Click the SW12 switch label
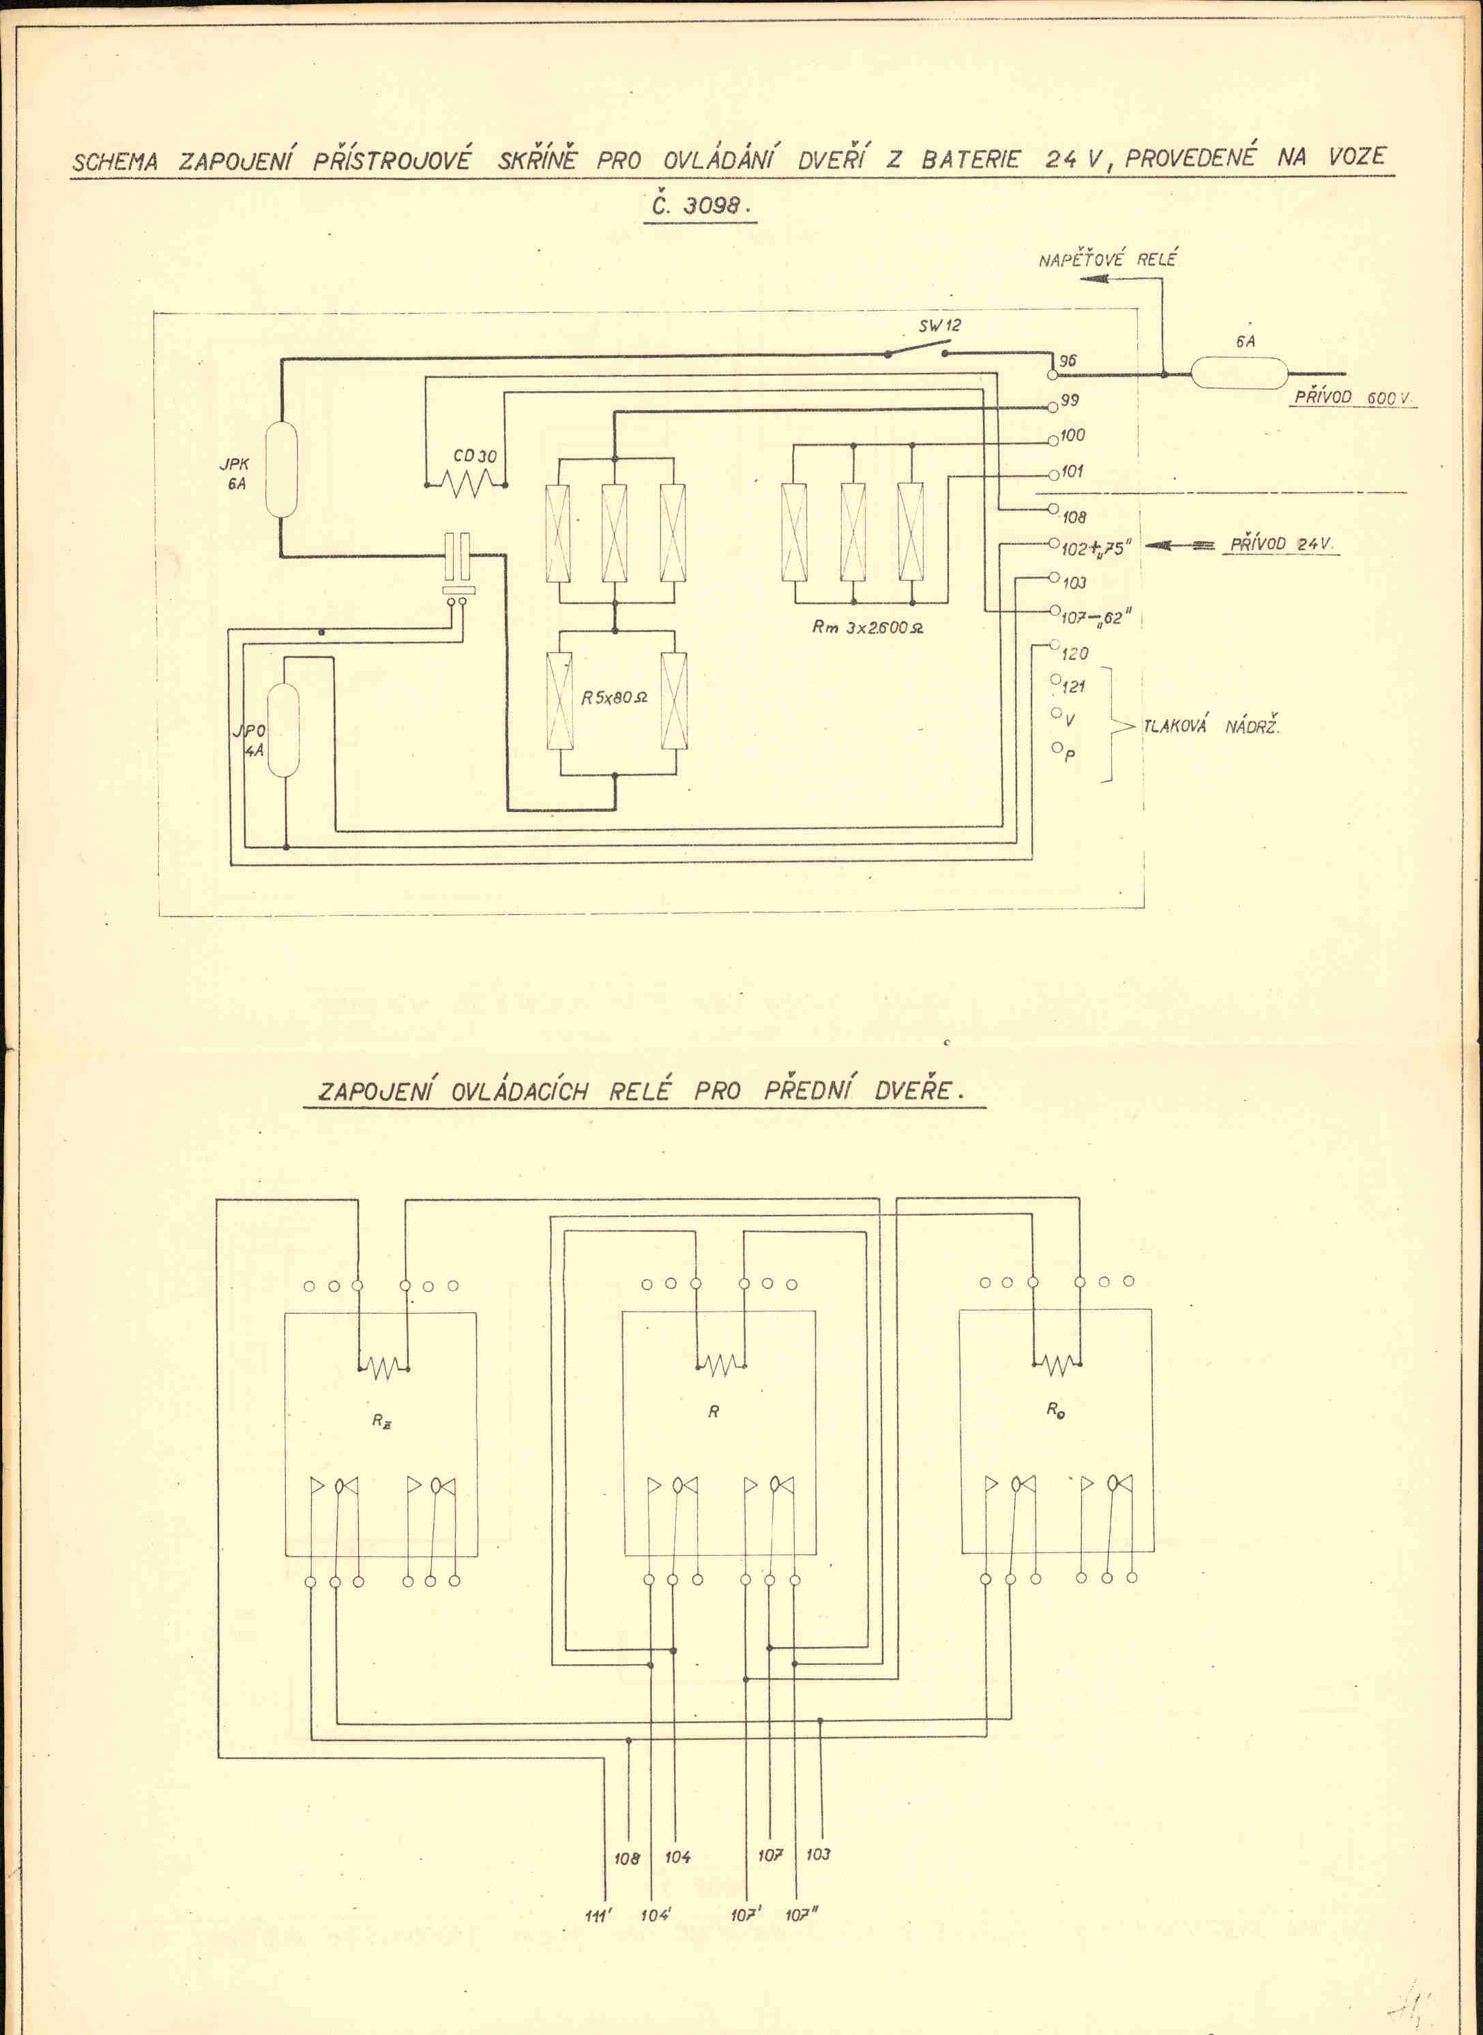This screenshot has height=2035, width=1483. pyautogui.click(x=939, y=326)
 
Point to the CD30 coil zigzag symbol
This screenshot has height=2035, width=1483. pyautogui.click(x=466, y=485)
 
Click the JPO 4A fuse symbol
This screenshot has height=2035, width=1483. pyautogui.click(x=284, y=730)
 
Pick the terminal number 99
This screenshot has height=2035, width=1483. pyautogui.click(x=1070, y=400)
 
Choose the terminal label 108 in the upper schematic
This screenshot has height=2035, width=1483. pyautogui.click(x=1074, y=517)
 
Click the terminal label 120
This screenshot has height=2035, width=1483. pyautogui.click(x=1074, y=653)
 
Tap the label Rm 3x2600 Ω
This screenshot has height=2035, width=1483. pyautogui.click(x=867, y=627)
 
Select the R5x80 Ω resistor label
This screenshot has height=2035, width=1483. pyautogui.click(x=615, y=697)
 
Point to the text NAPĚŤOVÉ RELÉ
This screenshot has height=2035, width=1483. pyautogui.click(x=1107, y=260)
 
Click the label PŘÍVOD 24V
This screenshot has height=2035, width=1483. pyautogui.click(x=1281, y=544)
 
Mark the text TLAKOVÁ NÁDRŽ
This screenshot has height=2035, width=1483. pyautogui.click(x=1211, y=727)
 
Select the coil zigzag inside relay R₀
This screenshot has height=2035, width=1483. pyautogui.click(x=1057, y=1365)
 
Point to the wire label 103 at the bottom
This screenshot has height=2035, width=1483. pyautogui.click(x=818, y=1854)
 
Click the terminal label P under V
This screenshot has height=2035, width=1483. pyautogui.click(x=1069, y=755)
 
